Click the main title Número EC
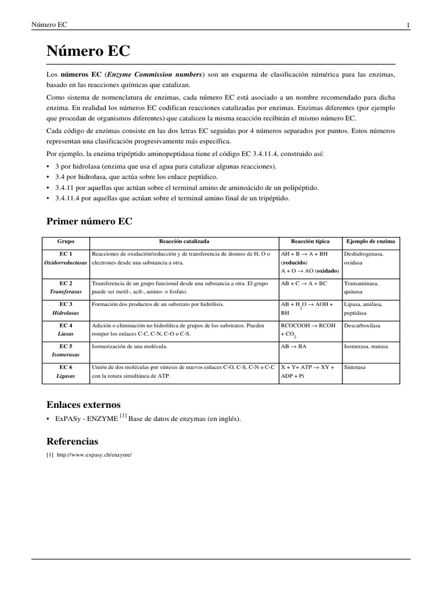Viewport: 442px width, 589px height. tap(88, 51)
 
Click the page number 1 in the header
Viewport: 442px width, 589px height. tap(408, 25)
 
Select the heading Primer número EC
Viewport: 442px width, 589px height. tap(89, 221)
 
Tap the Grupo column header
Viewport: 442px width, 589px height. tap(66, 242)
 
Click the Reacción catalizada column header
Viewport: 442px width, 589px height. tap(184, 242)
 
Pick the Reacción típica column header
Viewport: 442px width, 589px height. tap(310, 242)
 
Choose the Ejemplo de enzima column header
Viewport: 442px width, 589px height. tap(372, 242)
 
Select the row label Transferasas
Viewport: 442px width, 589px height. tap(66, 292)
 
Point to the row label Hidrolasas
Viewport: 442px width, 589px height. tap(66, 313)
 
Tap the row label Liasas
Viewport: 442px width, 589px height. tap(66, 334)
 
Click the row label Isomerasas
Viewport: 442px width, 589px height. tap(66, 355)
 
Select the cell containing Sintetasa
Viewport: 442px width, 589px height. tap(356, 367)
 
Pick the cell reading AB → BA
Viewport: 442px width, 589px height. tap(294, 347)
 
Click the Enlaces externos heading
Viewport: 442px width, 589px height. tap(83, 404)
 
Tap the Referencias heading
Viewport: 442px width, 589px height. tap(72, 441)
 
